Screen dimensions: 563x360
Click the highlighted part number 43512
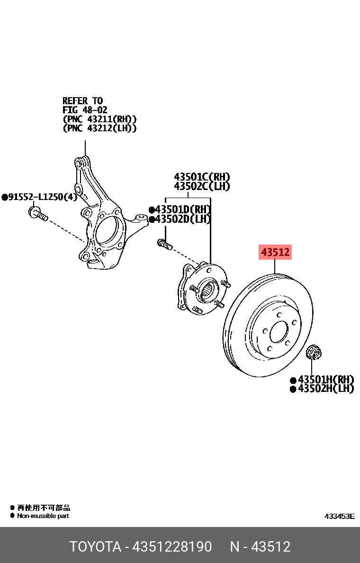click(275, 253)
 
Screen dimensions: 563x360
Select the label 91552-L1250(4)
click(42, 197)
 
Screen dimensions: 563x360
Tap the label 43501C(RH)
click(201, 178)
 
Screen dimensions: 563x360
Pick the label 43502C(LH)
click(201, 186)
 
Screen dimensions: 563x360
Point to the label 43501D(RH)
click(182, 209)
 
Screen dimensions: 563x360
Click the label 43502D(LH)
click(182, 219)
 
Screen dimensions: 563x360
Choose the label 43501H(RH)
click(325, 380)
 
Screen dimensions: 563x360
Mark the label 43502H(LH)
click(325, 389)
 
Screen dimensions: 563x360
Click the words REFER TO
click(82, 101)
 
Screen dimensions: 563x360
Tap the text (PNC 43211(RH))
click(99, 119)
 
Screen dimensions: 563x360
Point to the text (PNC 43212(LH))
click(99, 128)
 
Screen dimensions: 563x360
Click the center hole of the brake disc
click(279, 332)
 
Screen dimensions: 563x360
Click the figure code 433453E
click(339, 516)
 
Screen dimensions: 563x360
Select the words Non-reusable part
click(43, 516)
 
